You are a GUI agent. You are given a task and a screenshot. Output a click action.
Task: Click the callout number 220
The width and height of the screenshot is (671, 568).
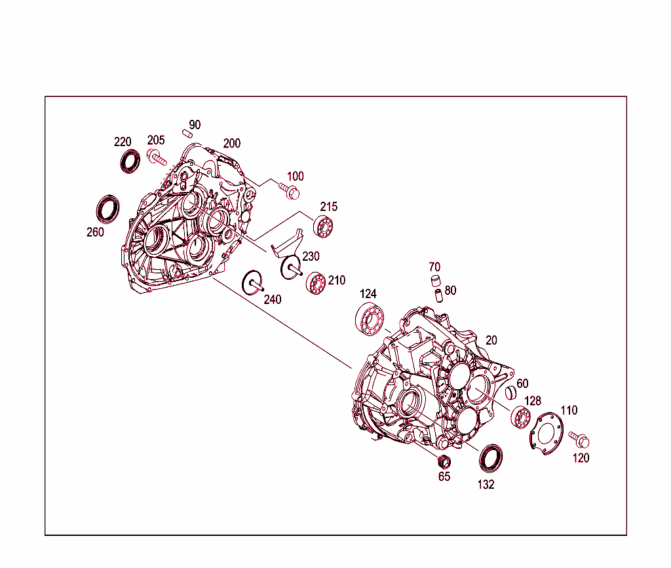123,142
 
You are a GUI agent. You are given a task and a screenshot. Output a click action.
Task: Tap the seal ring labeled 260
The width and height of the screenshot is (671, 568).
107,209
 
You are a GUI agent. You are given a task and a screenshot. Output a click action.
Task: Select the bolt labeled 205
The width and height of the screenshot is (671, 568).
157,157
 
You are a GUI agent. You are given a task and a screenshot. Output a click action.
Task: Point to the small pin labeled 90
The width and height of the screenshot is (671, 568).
187,134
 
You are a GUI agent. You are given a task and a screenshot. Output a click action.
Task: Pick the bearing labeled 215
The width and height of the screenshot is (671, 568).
323,227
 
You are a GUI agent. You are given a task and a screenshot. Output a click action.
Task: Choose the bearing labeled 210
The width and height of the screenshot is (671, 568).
316,283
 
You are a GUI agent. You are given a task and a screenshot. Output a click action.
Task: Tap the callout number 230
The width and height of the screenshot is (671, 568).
311,256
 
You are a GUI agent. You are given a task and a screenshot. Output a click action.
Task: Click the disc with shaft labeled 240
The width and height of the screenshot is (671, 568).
252,283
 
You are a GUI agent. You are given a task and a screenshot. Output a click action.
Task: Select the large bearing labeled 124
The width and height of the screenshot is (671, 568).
370,318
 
